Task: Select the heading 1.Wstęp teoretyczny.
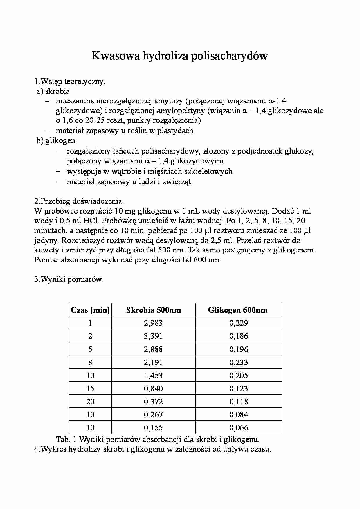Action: click(69, 81)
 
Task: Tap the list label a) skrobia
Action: click(53, 91)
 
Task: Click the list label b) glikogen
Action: click(56, 140)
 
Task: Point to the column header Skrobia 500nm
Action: click(153, 310)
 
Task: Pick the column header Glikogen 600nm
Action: click(238, 310)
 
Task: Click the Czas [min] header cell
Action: click(90, 310)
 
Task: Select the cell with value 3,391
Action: click(153, 336)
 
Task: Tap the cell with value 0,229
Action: click(239, 323)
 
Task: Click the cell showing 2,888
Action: click(153, 349)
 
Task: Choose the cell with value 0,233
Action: click(239, 362)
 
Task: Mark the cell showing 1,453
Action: click(153, 375)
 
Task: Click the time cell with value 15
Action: click(90, 388)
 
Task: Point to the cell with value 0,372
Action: click(153, 401)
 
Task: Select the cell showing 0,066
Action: click(239, 427)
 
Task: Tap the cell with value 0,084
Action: click(239, 414)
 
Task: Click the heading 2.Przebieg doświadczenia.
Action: click(79, 201)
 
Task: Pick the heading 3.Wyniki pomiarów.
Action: click(69, 279)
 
